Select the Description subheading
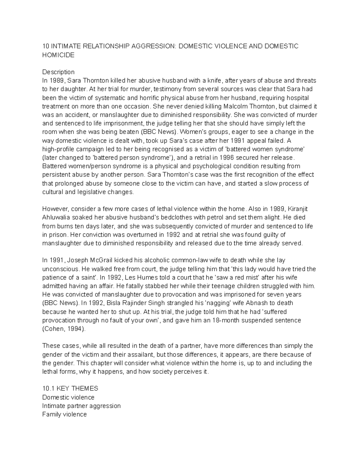pos(58,72)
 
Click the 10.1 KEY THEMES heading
pos(70,389)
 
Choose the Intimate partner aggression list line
pos(81,406)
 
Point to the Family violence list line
pos(64,414)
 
